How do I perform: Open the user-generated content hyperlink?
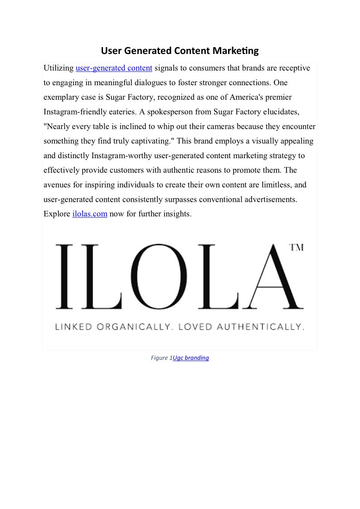(x=114, y=68)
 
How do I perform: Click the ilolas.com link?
(x=90, y=214)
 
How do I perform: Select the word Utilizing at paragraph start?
(x=58, y=68)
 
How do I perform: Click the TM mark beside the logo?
(x=297, y=247)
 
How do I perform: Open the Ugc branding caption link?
(x=191, y=358)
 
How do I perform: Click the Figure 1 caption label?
(x=161, y=358)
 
